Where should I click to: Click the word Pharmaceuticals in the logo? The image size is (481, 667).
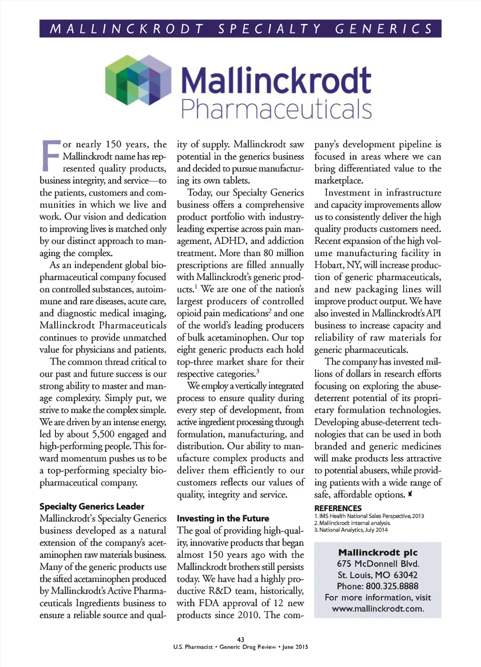tap(276, 109)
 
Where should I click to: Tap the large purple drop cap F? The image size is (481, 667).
tap(51, 155)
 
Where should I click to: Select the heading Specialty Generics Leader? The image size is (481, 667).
tap(92, 506)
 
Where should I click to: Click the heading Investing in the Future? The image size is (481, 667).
tap(223, 519)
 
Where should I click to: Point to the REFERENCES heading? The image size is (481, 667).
tap(338, 508)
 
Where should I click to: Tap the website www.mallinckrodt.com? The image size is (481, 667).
tap(378, 609)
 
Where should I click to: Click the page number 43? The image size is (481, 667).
tap(240, 639)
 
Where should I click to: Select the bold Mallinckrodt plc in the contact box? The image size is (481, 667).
tap(378, 552)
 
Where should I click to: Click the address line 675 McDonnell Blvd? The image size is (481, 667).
tap(378, 564)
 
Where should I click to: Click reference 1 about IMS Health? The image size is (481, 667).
tap(369, 516)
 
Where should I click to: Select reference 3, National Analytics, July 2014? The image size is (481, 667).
tap(351, 530)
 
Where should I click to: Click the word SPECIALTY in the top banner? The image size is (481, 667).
tap(270, 29)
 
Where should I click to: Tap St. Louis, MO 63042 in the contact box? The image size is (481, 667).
tap(378, 575)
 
